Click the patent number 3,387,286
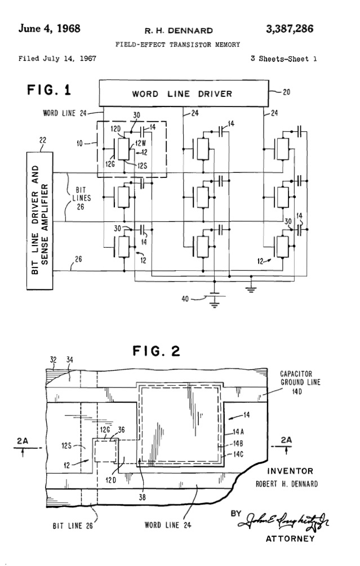pyautogui.click(x=290, y=29)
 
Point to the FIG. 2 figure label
pyautogui.click(x=156, y=352)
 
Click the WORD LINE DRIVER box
pyautogui.click(x=181, y=93)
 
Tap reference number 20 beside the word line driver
pyautogui.click(x=286, y=93)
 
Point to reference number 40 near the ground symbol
pyautogui.click(x=184, y=299)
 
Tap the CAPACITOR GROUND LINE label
pyautogui.click(x=301, y=381)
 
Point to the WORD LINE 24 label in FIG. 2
pyautogui.click(x=168, y=525)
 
